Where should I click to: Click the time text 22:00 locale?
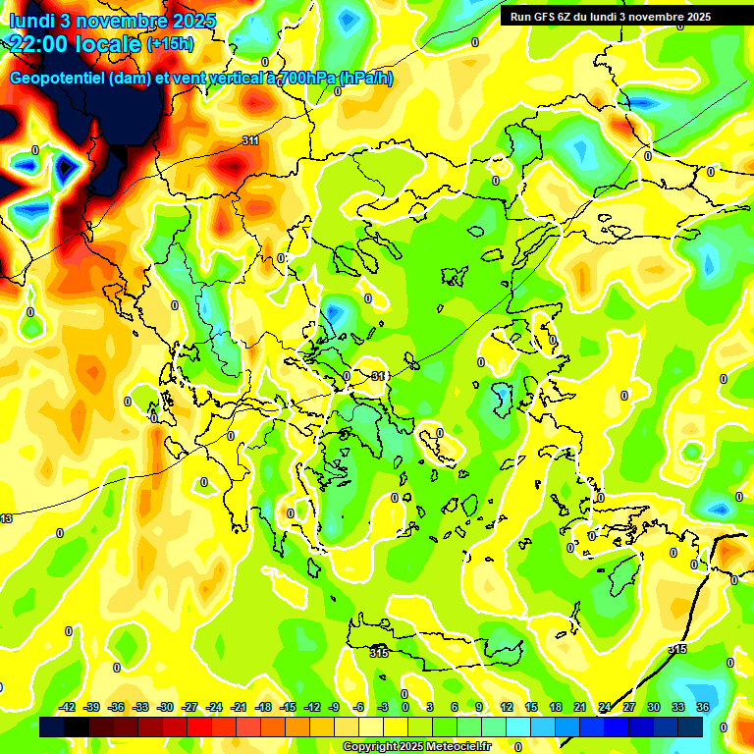[75, 43]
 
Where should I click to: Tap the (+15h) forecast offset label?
[171, 43]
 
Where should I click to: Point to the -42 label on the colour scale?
[68, 707]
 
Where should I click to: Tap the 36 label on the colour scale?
[702, 707]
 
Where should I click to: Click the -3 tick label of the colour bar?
[383, 707]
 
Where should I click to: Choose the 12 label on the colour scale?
[506, 707]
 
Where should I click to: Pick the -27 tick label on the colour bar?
[189, 707]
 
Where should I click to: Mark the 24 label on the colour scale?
[604, 707]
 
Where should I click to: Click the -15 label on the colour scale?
[288, 707]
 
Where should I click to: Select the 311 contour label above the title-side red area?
[250, 140]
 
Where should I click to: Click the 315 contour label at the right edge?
[677, 650]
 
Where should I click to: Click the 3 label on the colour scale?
[430, 707]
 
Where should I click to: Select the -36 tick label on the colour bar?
[117, 707]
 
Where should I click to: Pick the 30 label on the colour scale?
[653, 707]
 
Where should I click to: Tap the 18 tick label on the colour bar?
[555, 707]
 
